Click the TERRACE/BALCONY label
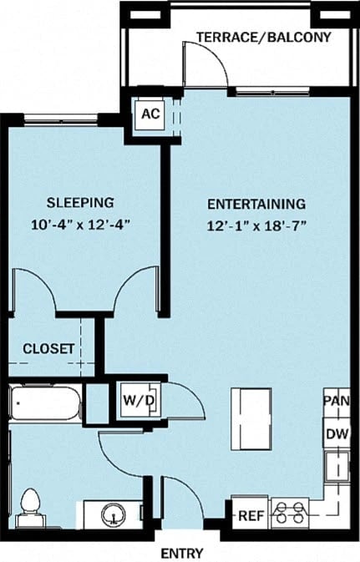(x=263, y=38)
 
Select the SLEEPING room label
(x=80, y=203)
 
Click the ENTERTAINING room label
(x=256, y=203)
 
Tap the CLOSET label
(x=48, y=348)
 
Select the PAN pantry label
(x=336, y=401)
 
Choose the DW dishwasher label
(x=337, y=433)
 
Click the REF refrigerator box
(x=251, y=515)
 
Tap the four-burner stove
(x=289, y=511)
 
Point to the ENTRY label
(x=180, y=552)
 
